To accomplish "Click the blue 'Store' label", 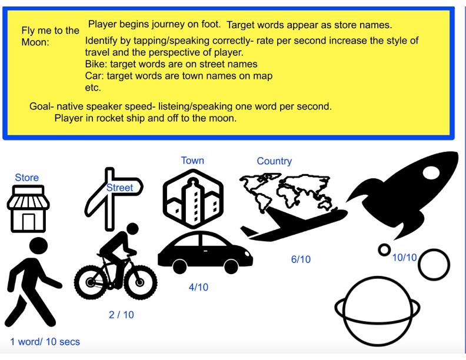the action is [26, 177].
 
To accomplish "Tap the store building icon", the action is [28, 208].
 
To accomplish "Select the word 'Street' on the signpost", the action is [119, 188].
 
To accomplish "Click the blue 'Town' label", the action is [192, 161].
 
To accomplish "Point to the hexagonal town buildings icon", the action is [193, 199].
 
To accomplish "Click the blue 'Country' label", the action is [274, 161].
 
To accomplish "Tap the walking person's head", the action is [39, 246].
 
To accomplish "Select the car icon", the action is [205, 252].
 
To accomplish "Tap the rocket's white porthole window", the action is [430, 172].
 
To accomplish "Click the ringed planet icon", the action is [377, 311].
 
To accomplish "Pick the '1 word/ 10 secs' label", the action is [45, 342].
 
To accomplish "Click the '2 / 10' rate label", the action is [121, 315].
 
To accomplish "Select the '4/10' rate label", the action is [198, 287].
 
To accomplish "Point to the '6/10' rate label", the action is [301, 259].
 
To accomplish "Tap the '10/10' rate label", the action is [404, 257].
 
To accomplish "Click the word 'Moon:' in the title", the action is [35, 42].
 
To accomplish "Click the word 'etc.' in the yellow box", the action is [93, 88].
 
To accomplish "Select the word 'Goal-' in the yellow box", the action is [42, 106].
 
